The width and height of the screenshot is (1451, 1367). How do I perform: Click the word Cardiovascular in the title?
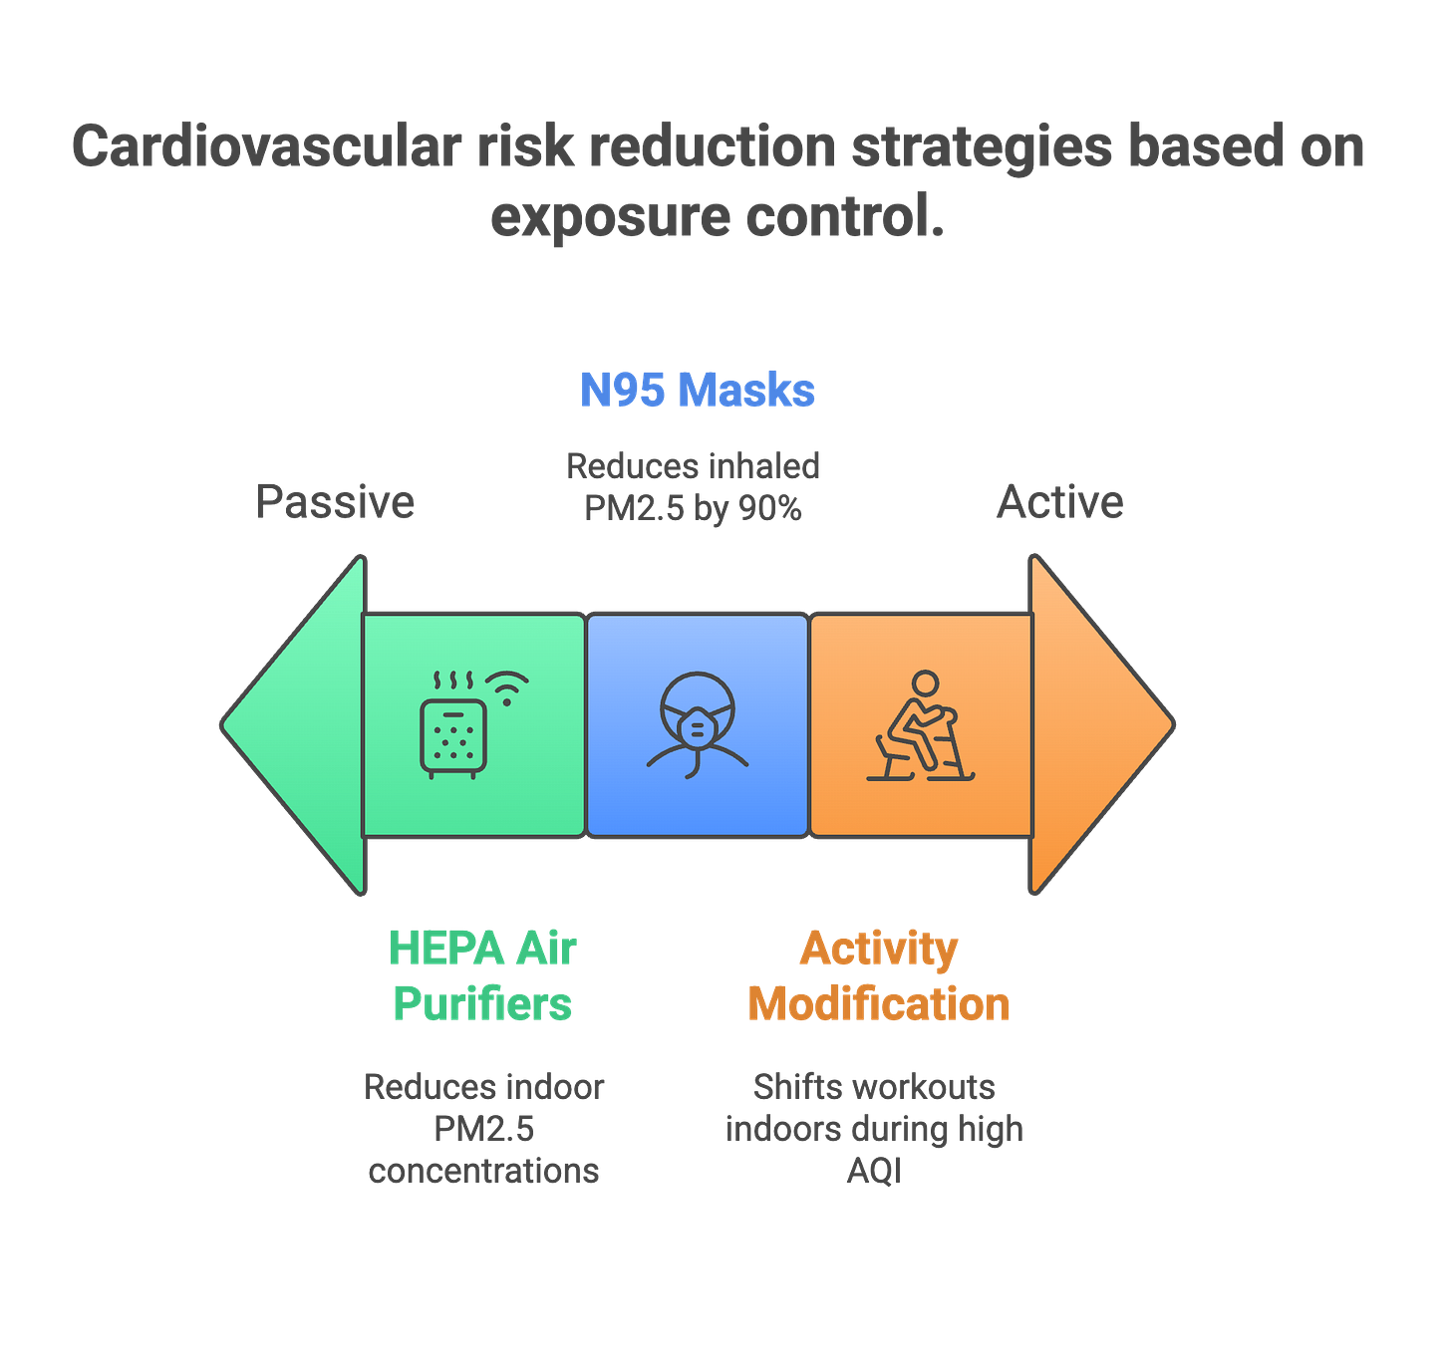coord(267,147)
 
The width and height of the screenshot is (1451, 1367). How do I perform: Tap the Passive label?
coord(335,501)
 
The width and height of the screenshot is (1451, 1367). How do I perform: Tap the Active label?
coord(1059,501)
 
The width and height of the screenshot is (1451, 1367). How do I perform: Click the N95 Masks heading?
coord(698,390)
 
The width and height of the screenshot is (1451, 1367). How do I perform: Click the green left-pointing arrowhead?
coord(294,724)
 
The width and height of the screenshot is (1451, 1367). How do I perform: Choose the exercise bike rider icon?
coord(920,727)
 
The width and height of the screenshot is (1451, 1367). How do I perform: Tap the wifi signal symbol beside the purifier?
coord(507,688)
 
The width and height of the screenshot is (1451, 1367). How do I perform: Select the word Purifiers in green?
coord(483,1003)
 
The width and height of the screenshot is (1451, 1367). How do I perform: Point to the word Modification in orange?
coord(878,1003)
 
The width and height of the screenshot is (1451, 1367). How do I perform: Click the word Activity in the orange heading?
coord(878,948)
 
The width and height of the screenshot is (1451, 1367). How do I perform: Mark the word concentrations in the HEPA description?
coord(484,1170)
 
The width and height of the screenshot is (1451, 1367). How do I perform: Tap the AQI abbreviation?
coord(873,1170)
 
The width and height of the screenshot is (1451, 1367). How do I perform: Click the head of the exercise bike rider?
coord(925,683)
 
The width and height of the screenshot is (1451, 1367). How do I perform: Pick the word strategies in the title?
coord(981,147)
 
